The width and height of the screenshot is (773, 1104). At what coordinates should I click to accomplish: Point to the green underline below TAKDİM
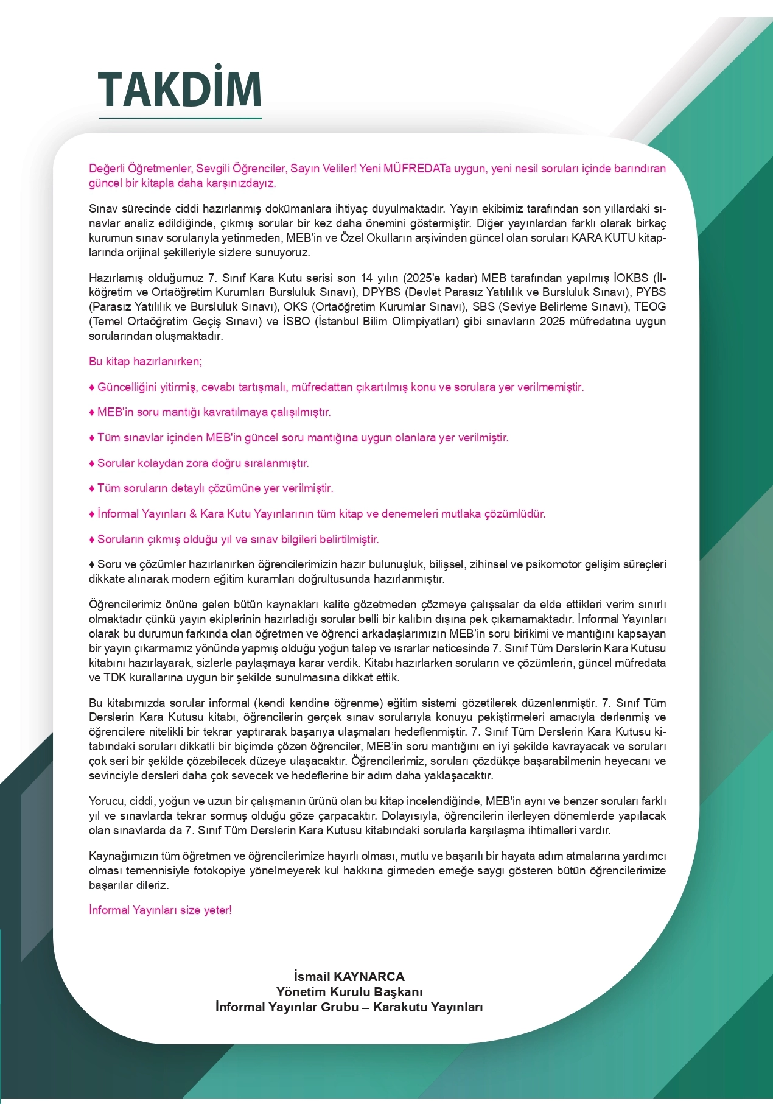click(180, 118)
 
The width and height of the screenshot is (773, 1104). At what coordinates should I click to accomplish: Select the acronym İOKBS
click(631, 278)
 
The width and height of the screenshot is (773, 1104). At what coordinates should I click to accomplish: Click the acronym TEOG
click(649, 307)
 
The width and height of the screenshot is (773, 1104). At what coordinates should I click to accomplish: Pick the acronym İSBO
click(296, 322)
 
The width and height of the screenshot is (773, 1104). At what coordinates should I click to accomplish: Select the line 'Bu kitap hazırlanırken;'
click(145, 362)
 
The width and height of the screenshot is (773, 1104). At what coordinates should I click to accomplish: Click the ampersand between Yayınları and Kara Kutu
click(193, 514)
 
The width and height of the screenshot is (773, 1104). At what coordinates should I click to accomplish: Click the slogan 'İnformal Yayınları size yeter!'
click(160, 910)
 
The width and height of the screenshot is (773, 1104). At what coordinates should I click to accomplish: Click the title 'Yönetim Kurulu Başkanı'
click(349, 992)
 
